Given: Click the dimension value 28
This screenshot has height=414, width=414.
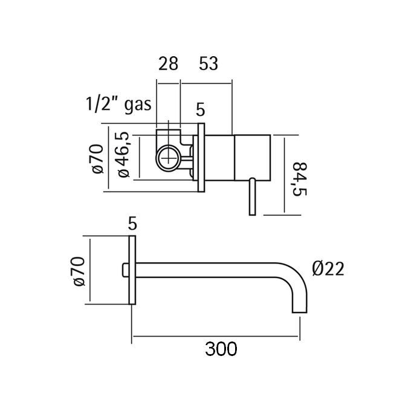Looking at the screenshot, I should [x=168, y=63].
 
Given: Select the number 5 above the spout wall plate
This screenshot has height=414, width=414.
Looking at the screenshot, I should [x=132, y=223].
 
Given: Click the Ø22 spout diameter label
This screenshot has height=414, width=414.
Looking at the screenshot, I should [x=328, y=268].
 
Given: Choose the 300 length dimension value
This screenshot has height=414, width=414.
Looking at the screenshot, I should [x=220, y=348].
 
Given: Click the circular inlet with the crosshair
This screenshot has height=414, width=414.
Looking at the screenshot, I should [x=168, y=159].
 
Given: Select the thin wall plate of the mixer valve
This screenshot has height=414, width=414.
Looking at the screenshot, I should [x=201, y=158].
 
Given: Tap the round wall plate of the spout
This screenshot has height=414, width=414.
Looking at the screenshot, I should [x=132, y=270].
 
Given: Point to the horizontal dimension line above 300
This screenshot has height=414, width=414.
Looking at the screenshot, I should [x=216, y=335].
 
